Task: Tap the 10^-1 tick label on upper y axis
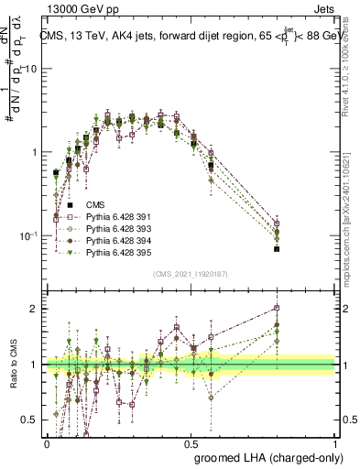point(29,235)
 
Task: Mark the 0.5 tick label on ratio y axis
point(33,420)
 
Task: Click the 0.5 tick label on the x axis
point(191,442)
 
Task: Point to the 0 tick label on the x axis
point(47,442)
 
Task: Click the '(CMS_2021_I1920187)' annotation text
point(191,274)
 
